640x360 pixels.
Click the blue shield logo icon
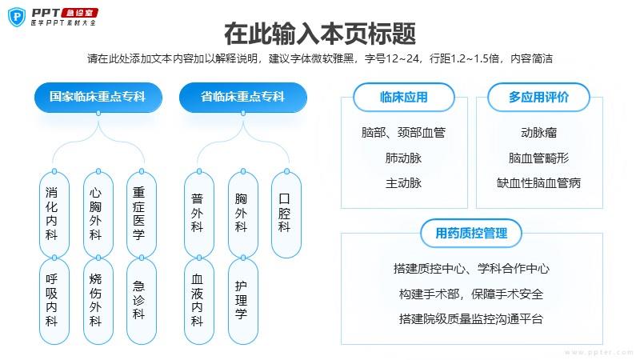[x=17, y=17]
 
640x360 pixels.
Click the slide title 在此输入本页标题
[x=320, y=34]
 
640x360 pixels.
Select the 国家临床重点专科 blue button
[x=98, y=97]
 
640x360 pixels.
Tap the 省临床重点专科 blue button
[x=243, y=97]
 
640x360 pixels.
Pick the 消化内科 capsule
[x=54, y=214]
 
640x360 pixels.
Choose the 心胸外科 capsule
[x=98, y=214]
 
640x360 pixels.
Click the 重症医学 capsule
[x=142, y=214]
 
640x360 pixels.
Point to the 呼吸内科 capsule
[x=54, y=301]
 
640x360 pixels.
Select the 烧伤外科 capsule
[x=98, y=301]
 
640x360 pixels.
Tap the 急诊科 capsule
[x=142, y=301]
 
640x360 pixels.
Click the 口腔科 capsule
[x=286, y=214]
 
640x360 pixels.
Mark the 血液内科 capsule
[x=199, y=301]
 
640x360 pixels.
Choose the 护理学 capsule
[x=243, y=301]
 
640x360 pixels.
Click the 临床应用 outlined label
[x=404, y=97]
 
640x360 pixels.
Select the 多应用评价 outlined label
[x=538, y=97]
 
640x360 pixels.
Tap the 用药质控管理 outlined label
[x=471, y=233]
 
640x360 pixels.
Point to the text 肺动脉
[x=404, y=158]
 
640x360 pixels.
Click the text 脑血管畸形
[x=538, y=158]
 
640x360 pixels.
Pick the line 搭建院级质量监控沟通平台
[x=471, y=318]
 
